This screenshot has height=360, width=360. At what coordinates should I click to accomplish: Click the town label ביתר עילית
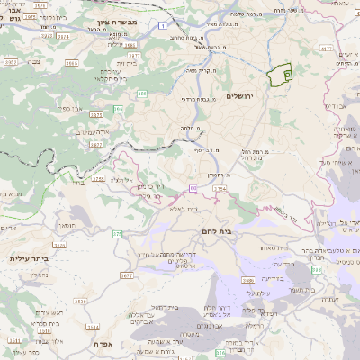(x=26, y=258)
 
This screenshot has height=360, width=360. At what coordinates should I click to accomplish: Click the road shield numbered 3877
(x=96, y=143)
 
